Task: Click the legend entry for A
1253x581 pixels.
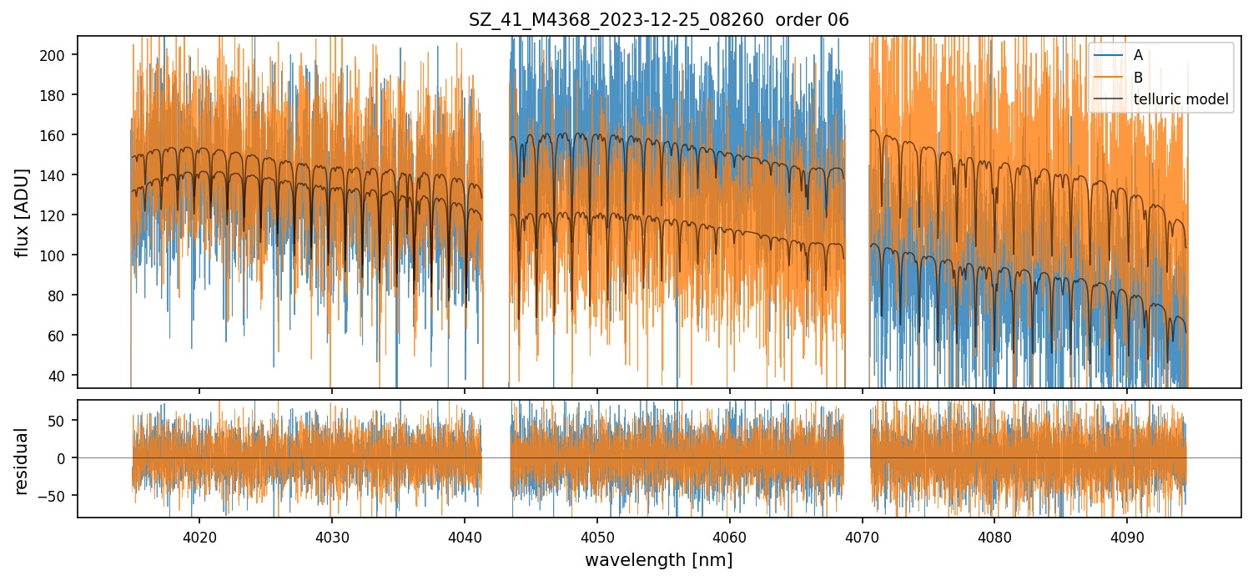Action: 1138,55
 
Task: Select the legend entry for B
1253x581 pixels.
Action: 1138,78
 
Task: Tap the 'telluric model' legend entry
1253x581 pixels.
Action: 1180,99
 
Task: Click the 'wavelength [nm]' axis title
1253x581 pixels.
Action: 659,559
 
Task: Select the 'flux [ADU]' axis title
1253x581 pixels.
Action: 23,212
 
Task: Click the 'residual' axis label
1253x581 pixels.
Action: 23,461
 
